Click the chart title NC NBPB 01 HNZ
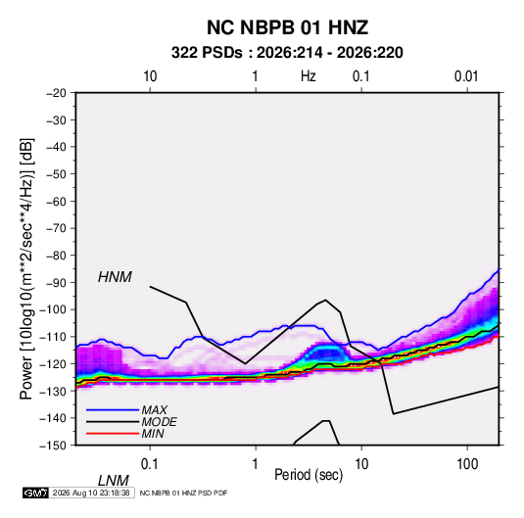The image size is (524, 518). [x=287, y=27]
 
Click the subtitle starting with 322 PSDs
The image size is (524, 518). [x=287, y=53]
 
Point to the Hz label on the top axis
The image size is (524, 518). [x=308, y=76]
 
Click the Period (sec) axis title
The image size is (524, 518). [x=309, y=475]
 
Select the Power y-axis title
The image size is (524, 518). [x=26, y=268]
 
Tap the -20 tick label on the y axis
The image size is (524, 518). [x=56, y=93]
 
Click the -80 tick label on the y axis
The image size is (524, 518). [x=56, y=256]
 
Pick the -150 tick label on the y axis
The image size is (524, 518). [x=53, y=446]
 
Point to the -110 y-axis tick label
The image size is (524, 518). [x=53, y=337]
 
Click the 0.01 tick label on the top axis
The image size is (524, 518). [x=466, y=76]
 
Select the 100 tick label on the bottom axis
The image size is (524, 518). [x=467, y=464]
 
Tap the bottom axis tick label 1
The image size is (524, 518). [x=255, y=464]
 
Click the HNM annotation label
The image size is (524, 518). [x=115, y=277]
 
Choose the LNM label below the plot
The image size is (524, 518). [x=114, y=481]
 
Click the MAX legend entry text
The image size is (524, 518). [x=154, y=409]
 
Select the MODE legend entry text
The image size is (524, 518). [x=159, y=422]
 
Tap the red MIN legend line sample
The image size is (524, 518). [x=113, y=434]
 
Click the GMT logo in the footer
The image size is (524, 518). [x=35, y=493]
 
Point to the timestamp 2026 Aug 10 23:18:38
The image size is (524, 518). [x=91, y=493]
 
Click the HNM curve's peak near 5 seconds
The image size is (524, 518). [x=325, y=300]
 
